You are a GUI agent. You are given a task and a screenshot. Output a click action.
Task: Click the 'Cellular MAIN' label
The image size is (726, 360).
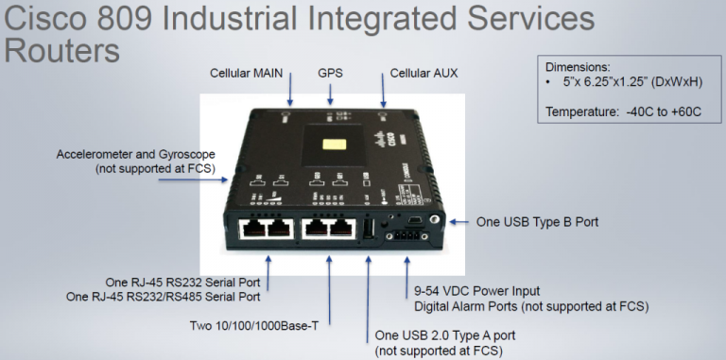click(x=250, y=73)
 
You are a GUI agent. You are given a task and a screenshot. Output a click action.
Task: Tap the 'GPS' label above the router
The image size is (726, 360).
click(x=330, y=73)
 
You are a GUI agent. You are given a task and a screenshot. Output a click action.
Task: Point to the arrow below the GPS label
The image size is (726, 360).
click(x=330, y=94)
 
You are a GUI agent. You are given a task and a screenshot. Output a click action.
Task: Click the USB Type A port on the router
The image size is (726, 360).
click(x=368, y=230)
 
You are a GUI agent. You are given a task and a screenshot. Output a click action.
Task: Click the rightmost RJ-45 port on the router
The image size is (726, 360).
click(x=338, y=230)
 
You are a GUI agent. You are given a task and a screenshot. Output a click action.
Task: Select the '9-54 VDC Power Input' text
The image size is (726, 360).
click(x=477, y=291)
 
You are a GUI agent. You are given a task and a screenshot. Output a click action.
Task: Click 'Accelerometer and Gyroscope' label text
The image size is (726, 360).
click(x=135, y=154)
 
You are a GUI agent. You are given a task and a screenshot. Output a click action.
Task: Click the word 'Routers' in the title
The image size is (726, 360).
click(x=62, y=51)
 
